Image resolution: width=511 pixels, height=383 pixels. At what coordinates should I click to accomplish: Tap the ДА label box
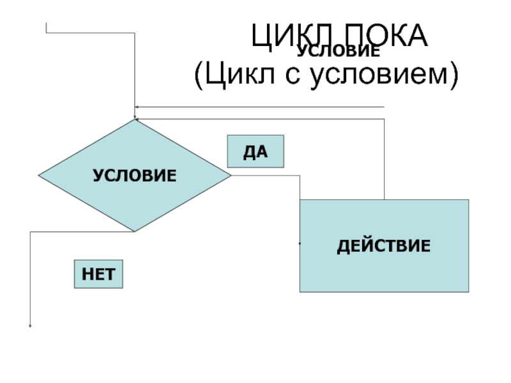coord(256,152)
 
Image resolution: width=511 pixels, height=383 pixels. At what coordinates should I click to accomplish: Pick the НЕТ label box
coord(98,274)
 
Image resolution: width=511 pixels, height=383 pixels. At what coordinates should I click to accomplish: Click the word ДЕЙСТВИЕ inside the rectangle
coord(384,246)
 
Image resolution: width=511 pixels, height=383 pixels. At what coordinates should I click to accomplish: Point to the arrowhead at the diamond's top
coord(135,117)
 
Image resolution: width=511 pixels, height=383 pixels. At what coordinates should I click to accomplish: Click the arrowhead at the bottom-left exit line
coord(30,325)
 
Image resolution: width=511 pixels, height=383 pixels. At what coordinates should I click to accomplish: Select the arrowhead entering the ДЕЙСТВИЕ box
coord(300,243)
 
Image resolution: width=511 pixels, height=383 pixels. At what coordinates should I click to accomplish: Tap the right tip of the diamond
coord(230,175)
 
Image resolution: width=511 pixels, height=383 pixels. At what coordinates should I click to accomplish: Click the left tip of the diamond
coord(39,175)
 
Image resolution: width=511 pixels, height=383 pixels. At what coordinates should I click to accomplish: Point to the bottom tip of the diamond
coord(134,230)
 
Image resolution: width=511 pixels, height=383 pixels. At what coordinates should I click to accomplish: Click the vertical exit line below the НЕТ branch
coord(30,281)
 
